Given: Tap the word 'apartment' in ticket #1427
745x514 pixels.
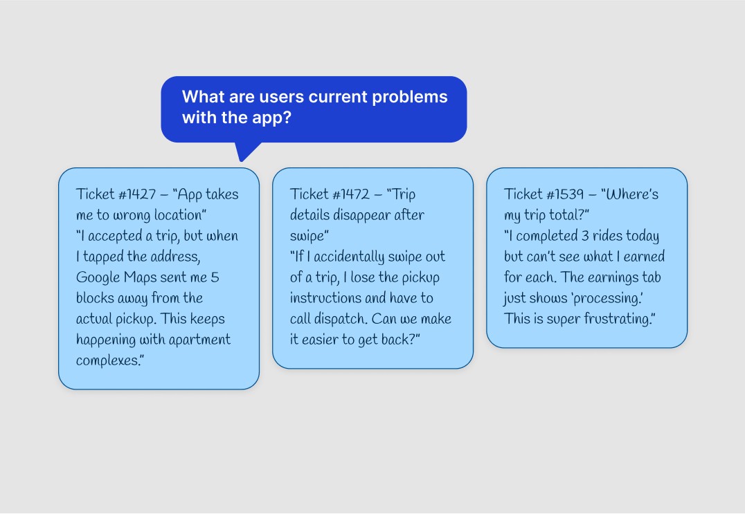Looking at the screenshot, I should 201,340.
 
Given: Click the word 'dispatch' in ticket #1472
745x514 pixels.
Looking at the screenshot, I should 356,319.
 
